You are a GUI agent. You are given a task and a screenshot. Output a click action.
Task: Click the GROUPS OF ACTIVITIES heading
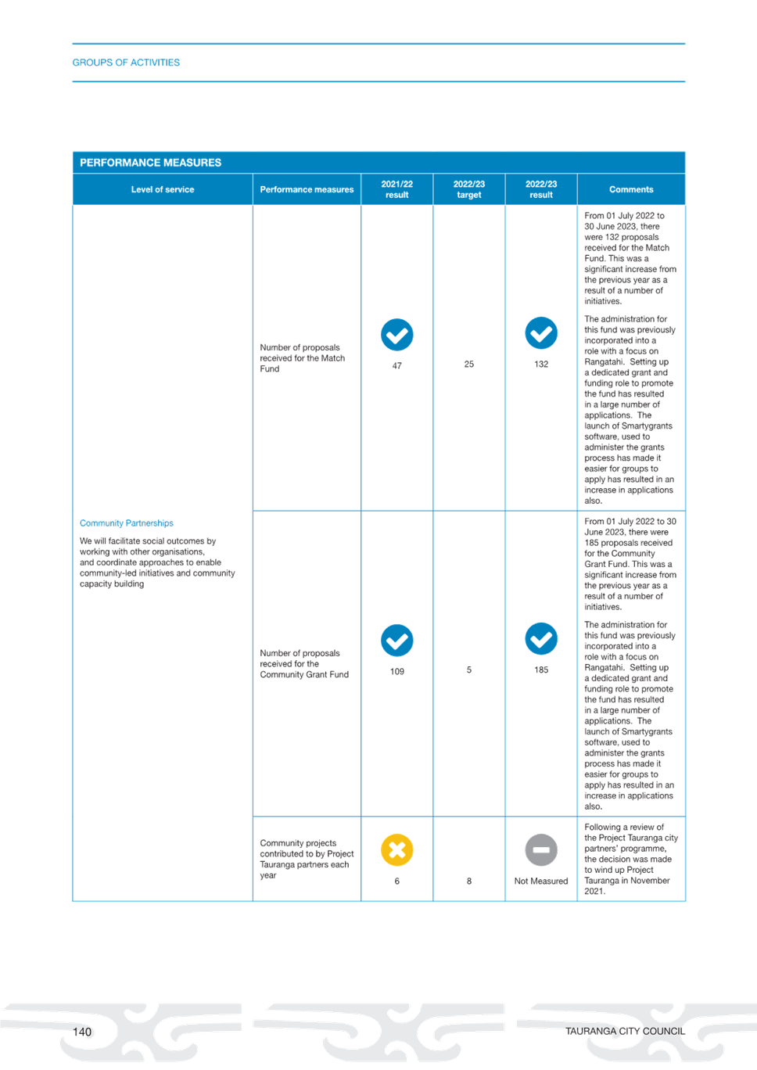[x=126, y=63]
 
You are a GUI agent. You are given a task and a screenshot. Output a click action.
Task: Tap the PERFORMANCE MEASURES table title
[x=150, y=163]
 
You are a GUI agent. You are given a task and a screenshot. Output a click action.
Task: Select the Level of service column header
[x=163, y=189]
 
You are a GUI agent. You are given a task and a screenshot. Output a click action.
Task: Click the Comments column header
[x=631, y=189]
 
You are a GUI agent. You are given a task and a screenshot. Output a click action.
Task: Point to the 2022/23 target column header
[x=469, y=189]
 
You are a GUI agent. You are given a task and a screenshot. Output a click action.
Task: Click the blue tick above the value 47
[x=397, y=335]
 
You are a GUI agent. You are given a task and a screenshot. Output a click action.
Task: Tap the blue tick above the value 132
[x=541, y=333]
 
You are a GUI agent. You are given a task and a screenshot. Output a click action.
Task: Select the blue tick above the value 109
[x=397, y=641]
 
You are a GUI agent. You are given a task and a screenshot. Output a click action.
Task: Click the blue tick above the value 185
[x=541, y=639]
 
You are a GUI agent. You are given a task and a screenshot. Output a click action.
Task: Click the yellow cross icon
[x=397, y=850]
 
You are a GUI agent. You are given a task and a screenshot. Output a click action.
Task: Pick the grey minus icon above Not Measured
[x=541, y=850]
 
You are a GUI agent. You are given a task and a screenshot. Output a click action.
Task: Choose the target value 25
[x=469, y=364]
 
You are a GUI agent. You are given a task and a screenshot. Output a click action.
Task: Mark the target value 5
[x=469, y=670]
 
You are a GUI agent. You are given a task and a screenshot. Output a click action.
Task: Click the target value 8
[x=469, y=881]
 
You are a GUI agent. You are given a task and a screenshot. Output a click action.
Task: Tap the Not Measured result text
[x=541, y=881]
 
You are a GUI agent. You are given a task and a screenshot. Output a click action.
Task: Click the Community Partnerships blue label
[x=127, y=523]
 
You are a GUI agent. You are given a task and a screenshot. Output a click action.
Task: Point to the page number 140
[x=82, y=1032]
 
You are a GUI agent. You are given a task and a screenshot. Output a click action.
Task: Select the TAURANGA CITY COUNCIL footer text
[x=625, y=1032]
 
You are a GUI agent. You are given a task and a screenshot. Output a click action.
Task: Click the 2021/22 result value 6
[x=397, y=881]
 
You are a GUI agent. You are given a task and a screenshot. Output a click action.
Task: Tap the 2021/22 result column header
[x=397, y=189]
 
